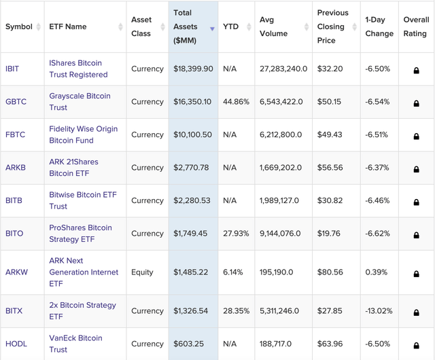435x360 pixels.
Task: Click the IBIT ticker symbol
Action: click(13, 69)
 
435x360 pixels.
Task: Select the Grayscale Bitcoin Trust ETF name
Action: click(79, 102)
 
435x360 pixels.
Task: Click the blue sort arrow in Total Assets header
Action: click(212, 29)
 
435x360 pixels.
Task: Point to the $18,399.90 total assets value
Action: click(193, 69)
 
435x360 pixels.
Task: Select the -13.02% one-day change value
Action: click(379, 311)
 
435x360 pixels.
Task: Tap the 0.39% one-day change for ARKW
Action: click(376, 272)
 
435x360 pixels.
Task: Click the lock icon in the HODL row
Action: click(417, 344)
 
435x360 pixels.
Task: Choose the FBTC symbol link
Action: click(15, 135)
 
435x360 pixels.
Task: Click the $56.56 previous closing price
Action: click(330, 168)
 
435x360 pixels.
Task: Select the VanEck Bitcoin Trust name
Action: click(75, 344)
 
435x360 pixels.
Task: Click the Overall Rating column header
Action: click(416, 26)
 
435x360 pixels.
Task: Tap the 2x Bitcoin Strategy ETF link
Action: click(82, 311)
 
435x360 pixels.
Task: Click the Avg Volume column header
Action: click(273, 26)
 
